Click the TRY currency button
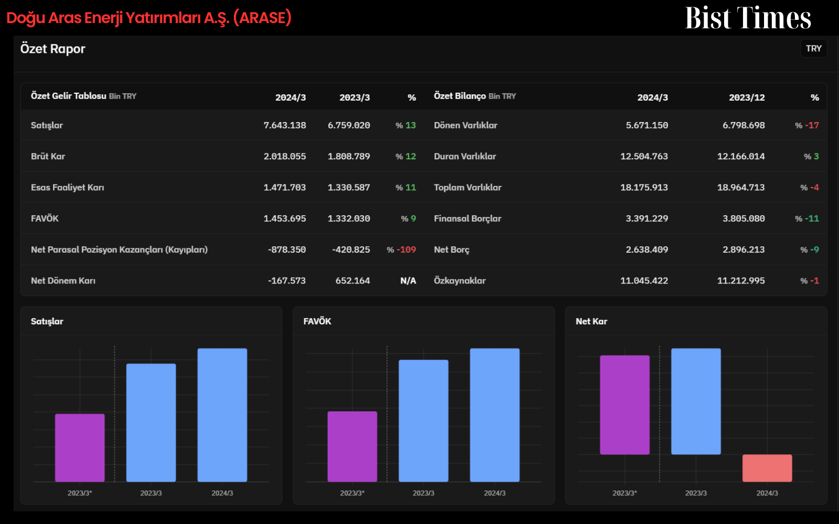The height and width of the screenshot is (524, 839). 813,49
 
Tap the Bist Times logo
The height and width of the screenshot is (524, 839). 748,18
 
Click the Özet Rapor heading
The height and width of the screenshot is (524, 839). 53,49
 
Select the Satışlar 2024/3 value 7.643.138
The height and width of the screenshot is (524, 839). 285,125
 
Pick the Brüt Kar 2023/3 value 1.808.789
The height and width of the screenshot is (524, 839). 349,157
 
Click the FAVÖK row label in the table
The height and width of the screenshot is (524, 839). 45,219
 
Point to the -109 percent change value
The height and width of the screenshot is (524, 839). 406,249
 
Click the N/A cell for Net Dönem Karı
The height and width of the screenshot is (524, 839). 408,281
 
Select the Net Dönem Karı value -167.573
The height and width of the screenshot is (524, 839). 287,281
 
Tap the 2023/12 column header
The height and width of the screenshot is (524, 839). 747,97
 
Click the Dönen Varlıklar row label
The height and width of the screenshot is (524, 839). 466,125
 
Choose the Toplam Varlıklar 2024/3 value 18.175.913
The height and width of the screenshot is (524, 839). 644,188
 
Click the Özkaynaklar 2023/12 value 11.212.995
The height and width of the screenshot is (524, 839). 741,281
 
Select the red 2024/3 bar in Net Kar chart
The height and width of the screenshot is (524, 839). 767,468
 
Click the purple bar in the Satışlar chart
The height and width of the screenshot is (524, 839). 80,447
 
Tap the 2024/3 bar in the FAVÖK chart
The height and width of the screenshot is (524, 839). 495,415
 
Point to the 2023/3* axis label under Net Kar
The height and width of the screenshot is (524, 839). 625,493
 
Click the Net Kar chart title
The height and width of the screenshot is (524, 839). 591,322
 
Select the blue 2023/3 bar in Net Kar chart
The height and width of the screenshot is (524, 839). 696,401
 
